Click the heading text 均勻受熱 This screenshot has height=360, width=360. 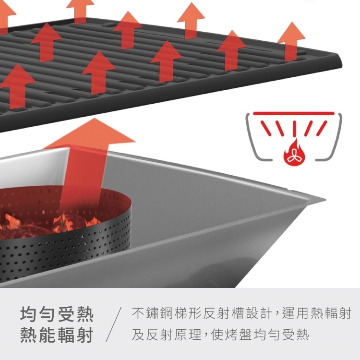tap(57, 315)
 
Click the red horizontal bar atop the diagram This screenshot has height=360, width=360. tap(293, 113)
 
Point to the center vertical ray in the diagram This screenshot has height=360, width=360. tap(293, 129)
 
